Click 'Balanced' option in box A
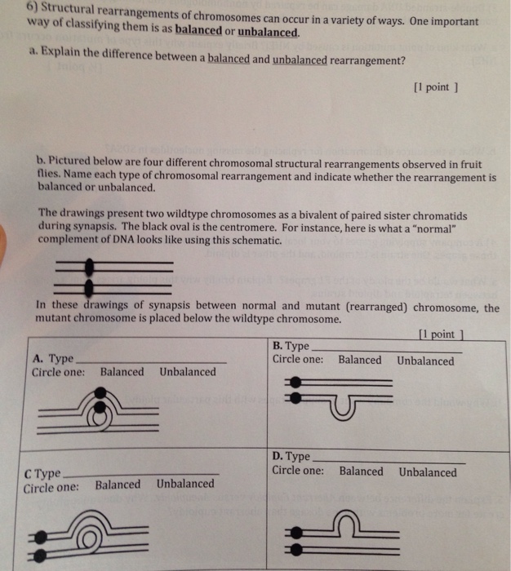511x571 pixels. (122, 372)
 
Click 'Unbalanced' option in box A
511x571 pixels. (188, 372)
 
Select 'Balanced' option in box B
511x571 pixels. (359, 360)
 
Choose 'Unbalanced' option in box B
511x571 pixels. (425, 361)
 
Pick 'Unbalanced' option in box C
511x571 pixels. (185, 484)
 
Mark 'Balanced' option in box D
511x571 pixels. (361, 471)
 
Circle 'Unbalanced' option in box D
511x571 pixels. (428, 472)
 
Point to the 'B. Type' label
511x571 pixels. (291, 346)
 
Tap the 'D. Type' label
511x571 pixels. (291, 457)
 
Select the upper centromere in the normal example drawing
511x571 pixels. (91, 266)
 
